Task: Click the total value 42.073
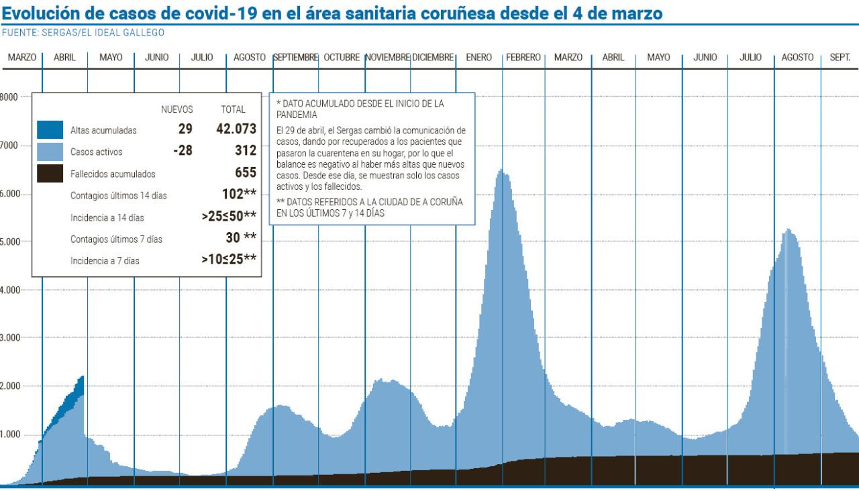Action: pos(236,129)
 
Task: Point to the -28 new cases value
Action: pos(183,151)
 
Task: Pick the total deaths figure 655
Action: pos(245,173)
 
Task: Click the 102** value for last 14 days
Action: pos(239,195)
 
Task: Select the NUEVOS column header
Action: pos(177,109)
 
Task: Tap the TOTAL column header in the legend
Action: pos(233,109)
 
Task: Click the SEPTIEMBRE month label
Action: pos(295,58)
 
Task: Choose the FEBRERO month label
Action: pos(523,58)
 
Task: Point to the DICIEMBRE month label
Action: pos(434,58)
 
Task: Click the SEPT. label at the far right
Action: pos(840,58)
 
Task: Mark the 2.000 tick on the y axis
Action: pos(10,386)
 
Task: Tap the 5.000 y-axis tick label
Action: pos(10,241)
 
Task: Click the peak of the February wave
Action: pos(500,170)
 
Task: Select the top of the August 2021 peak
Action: pos(787,230)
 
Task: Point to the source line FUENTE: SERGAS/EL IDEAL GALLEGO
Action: pos(84,32)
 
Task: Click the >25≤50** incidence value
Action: pos(228,216)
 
